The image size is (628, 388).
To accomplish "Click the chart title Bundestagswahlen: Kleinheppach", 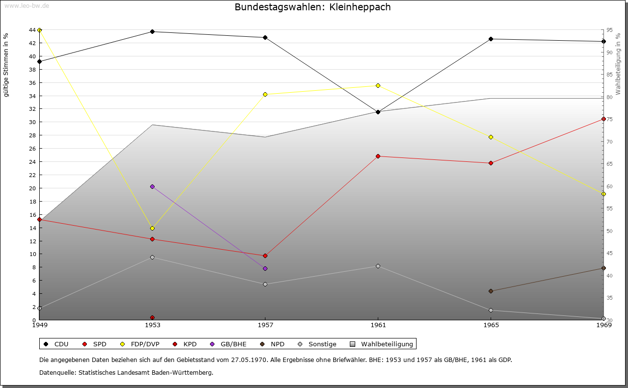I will (x=313, y=7).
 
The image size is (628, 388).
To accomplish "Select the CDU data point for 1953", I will (x=153, y=32).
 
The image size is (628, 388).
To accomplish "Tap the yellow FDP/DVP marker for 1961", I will (x=378, y=86).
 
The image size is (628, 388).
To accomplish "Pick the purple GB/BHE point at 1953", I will (x=153, y=186).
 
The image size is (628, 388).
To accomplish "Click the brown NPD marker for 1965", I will (x=491, y=291).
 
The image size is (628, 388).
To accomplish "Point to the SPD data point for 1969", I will (x=603, y=119).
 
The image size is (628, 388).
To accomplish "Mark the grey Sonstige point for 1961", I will (x=378, y=266).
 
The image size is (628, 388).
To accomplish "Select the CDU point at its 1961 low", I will (x=378, y=112).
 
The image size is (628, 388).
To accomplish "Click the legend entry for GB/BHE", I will (x=229, y=344).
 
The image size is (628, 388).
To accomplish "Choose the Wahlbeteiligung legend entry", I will (x=383, y=344).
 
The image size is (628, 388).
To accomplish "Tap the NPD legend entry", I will (x=273, y=344).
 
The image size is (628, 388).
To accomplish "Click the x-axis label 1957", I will (x=265, y=325).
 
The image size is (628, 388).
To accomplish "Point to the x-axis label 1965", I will (x=491, y=325).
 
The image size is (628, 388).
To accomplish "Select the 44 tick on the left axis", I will (x=31, y=30).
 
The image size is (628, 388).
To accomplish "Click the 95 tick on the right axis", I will (x=609, y=30).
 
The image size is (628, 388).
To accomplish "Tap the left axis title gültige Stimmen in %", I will (x=6, y=65).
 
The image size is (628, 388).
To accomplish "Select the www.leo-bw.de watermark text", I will (x=26, y=6).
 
